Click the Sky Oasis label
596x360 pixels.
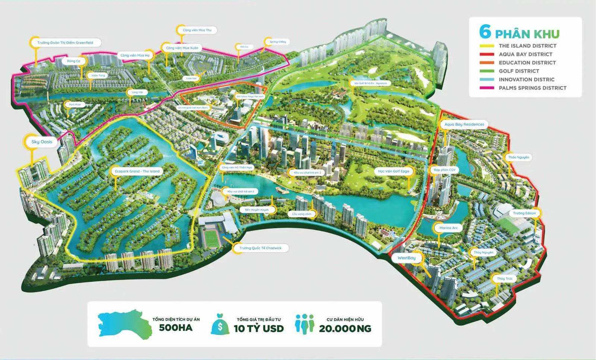click(42, 142)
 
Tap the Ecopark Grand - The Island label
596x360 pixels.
click(137, 171)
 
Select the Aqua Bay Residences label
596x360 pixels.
click(464, 124)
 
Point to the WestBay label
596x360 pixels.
click(406, 258)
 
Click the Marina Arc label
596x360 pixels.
click(448, 228)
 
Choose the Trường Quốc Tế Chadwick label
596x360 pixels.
click(260, 248)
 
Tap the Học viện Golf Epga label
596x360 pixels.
click(393, 171)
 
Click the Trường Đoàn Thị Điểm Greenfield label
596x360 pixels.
click(65, 43)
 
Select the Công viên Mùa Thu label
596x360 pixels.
click(197, 30)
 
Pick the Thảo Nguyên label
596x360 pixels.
click(519, 157)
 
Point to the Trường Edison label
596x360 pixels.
click(524, 213)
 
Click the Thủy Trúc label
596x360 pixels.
click(505, 278)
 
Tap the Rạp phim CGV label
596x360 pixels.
click(444, 170)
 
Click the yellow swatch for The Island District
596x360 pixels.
click(486, 46)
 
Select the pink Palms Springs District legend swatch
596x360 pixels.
click(486, 88)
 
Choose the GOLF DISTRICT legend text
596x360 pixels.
click(519, 71)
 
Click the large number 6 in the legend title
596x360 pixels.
click(485, 32)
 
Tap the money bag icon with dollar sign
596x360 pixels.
click(220, 324)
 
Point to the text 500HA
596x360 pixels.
click(176, 328)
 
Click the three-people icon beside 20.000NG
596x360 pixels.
click(304, 324)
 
